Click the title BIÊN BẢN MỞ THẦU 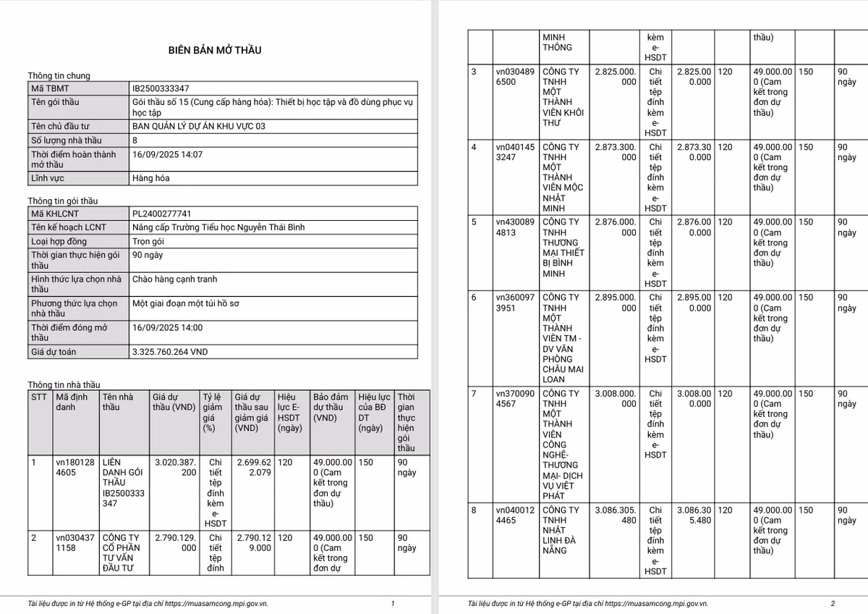(x=215, y=50)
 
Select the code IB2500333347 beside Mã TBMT (x=161, y=88)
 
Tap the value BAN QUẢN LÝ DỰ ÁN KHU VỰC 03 (x=198, y=126)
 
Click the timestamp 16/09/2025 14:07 (x=167, y=154)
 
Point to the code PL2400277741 (x=161, y=214)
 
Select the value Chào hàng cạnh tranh (x=174, y=279)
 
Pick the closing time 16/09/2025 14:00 (x=167, y=327)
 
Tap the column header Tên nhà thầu (x=118, y=402)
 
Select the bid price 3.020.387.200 (x=175, y=467)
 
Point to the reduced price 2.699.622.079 (x=253, y=467)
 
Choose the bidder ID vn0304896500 (x=515, y=77)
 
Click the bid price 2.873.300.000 (x=615, y=152)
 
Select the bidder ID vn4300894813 (x=515, y=227)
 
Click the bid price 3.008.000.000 (x=615, y=399)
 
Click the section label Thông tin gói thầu (x=62, y=201)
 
